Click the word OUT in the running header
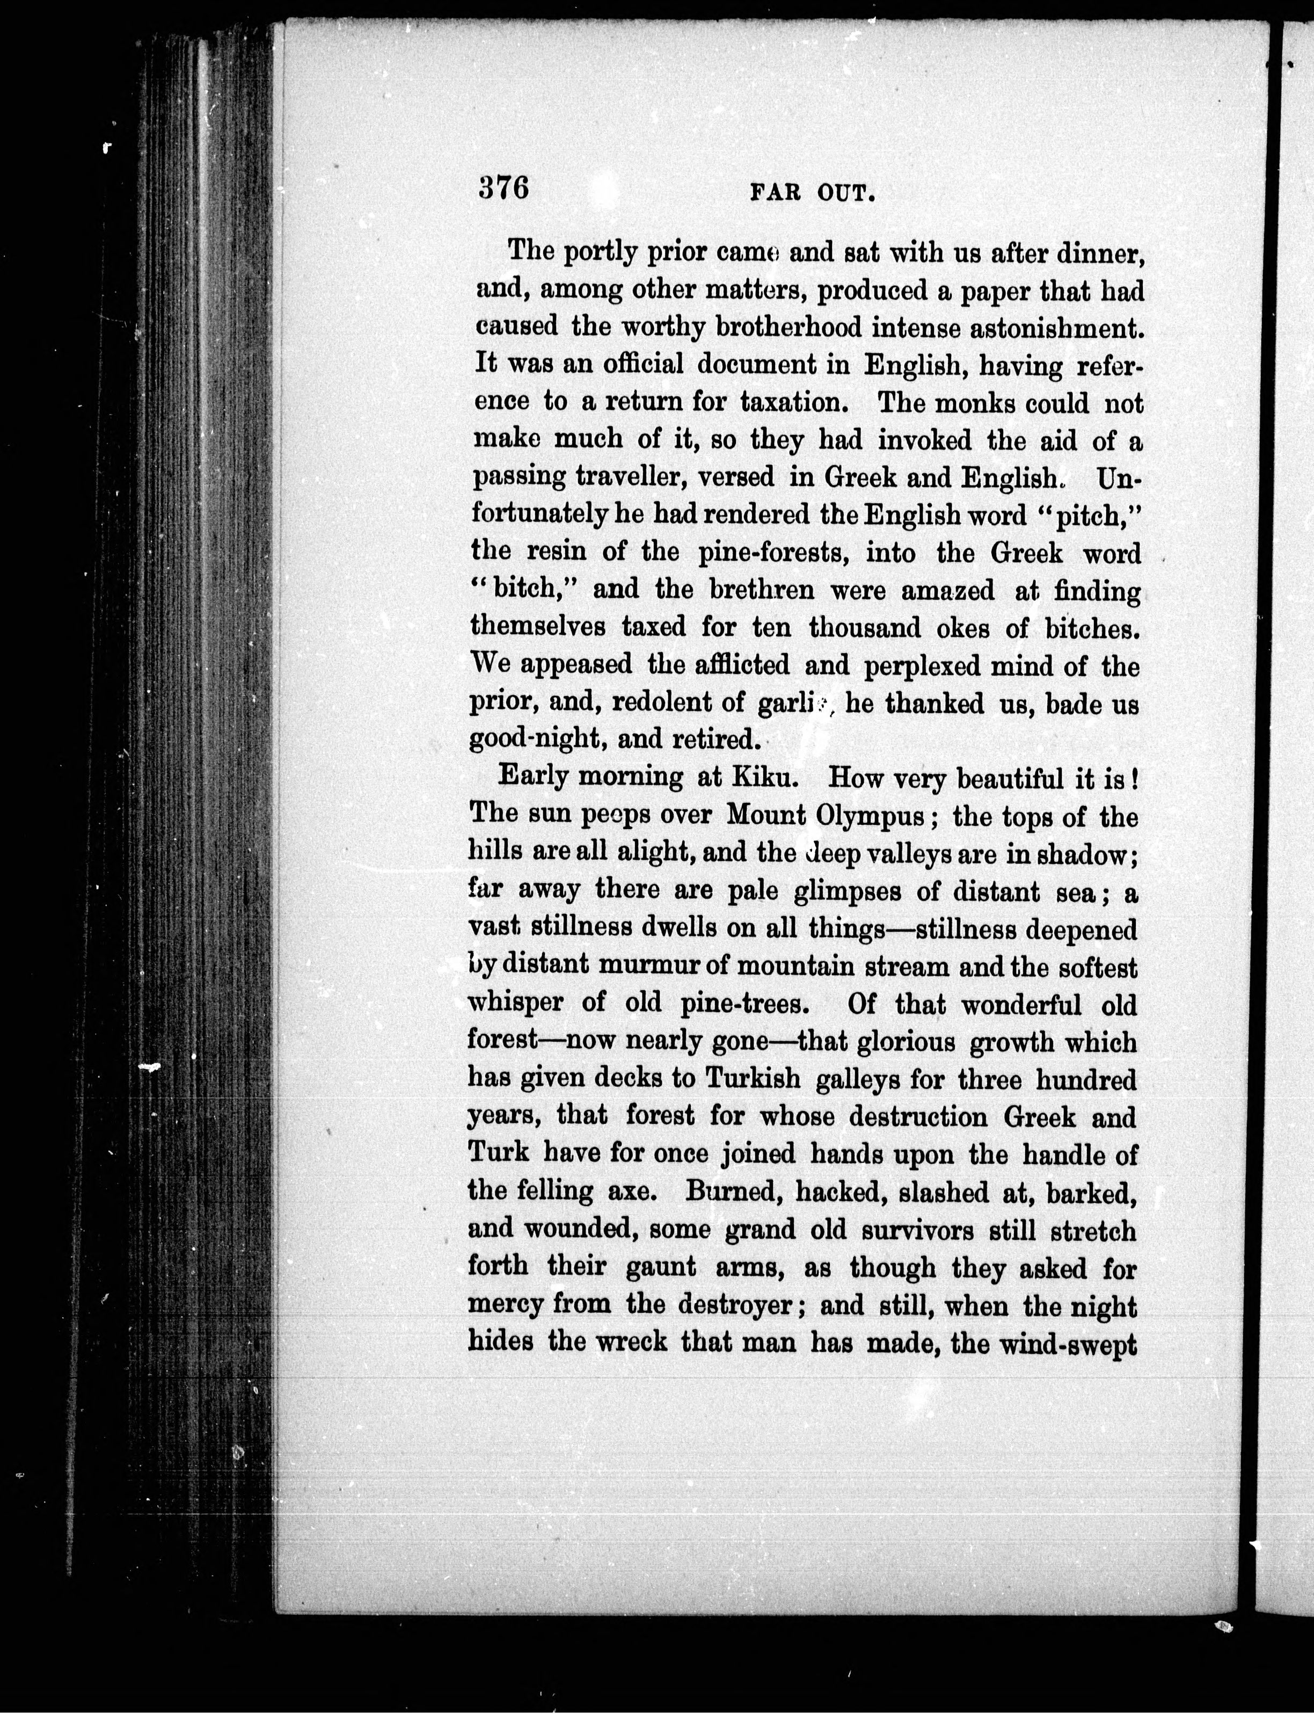click(x=844, y=193)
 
